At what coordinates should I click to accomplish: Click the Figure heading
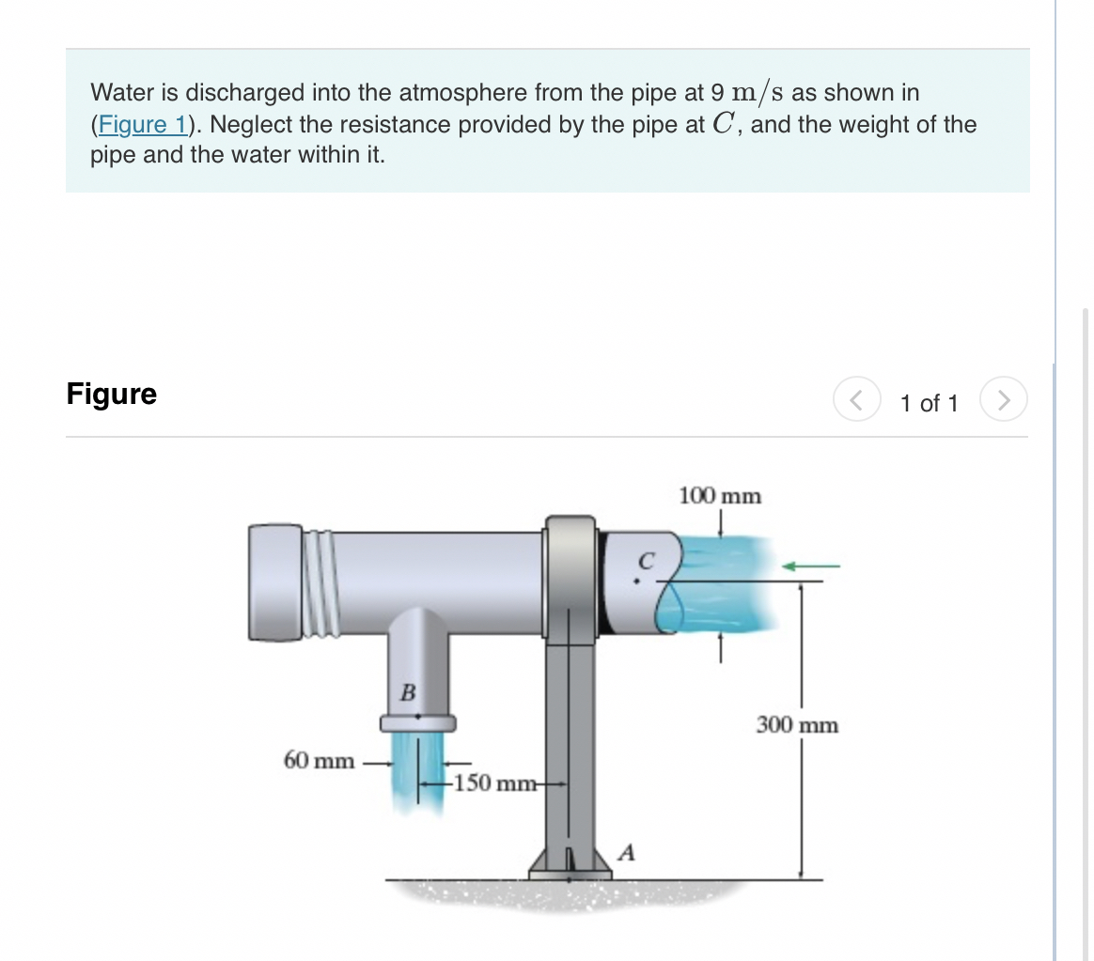112,394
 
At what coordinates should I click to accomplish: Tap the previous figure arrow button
854,402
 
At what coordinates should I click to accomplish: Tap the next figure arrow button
1004,402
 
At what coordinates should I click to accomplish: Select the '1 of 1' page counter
928,404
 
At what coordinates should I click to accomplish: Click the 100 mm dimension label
720,495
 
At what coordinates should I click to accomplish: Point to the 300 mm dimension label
797,725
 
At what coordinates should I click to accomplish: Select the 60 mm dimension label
319,759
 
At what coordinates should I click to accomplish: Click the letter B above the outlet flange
407,693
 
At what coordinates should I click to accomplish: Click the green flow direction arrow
810,566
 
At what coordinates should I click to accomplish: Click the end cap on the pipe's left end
273,582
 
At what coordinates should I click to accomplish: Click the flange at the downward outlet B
417,722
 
